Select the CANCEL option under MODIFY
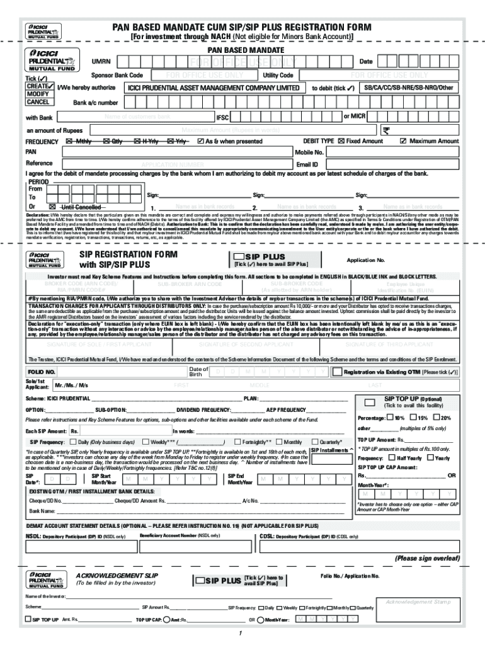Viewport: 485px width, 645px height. click(37, 102)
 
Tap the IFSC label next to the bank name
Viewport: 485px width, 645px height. click(223, 118)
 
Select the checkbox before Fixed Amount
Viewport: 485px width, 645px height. click(341, 141)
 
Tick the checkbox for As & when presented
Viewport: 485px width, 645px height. click(200, 141)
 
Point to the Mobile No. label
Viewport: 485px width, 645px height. click(309, 152)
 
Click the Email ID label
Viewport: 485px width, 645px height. click(306, 164)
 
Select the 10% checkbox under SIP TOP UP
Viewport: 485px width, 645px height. click(390, 418)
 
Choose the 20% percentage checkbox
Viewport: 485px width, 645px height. click(437, 418)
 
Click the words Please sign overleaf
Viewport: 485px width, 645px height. click(427, 558)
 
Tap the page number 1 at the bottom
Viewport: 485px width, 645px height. click(240, 633)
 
